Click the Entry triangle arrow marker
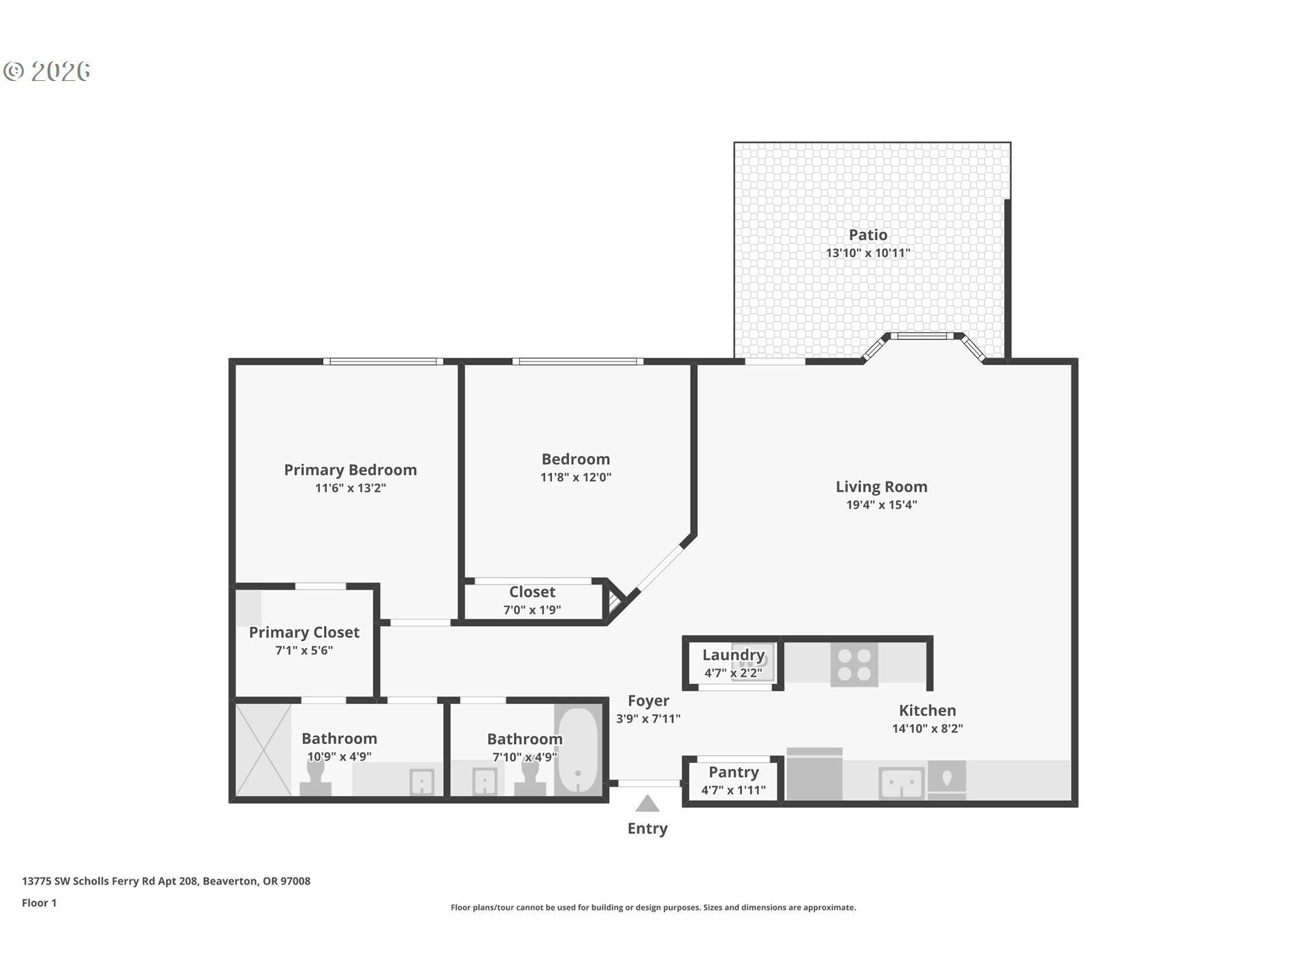click(647, 804)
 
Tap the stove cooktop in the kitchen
click(854, 664)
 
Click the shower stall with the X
click(263, 750)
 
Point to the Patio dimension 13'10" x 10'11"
click(868, 253)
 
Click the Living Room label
click(882, 487)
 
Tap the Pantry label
click(733, 772)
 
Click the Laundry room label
click(733, 655)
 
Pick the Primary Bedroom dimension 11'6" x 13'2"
click(351, 488)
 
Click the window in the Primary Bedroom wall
click(383, 361)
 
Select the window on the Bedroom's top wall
click(577, 361)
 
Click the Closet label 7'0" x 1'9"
click(532, 592)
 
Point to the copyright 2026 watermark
click(47, 71)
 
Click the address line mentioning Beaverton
click(166, 881)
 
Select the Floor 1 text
click(39, 902)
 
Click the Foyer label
click(648, 700)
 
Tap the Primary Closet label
click(304, 632)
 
